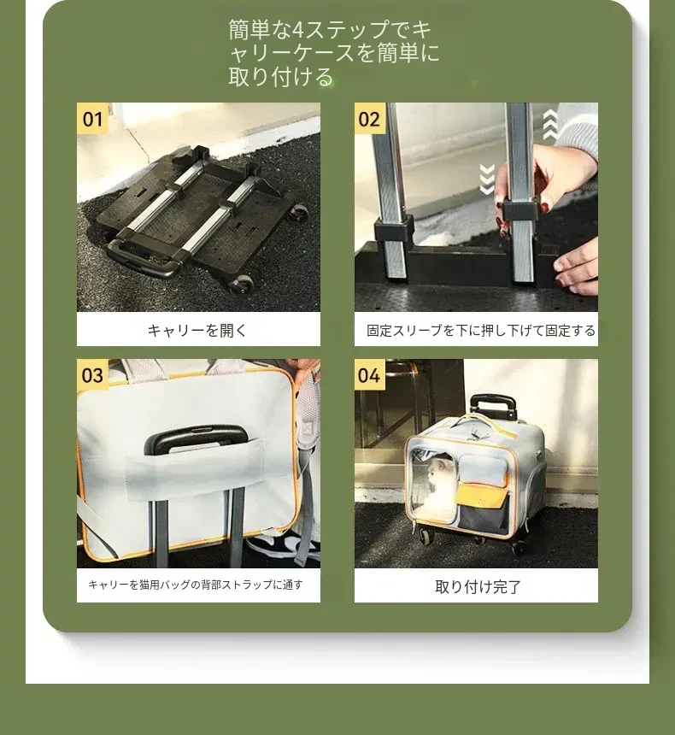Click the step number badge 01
[x=92, y=118]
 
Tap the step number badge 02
[x=369, y=118]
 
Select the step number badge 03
[x=92, y=374]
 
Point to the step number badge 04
[x=369, y=374]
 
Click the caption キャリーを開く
[x=197, y=331]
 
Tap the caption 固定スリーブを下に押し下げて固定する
[x=481, y=331]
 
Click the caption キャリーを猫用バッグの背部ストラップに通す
[x=196, y=585]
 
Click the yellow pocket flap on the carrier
[x=482, y=496]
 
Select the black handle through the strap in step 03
[x=195, y=439]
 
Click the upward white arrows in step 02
[x=550, y=125]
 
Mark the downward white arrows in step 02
[x=487, y=179]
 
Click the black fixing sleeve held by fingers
[x=519, y=210]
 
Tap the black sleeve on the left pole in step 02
[x=393, y=228]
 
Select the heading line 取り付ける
[x=281, y=77]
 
